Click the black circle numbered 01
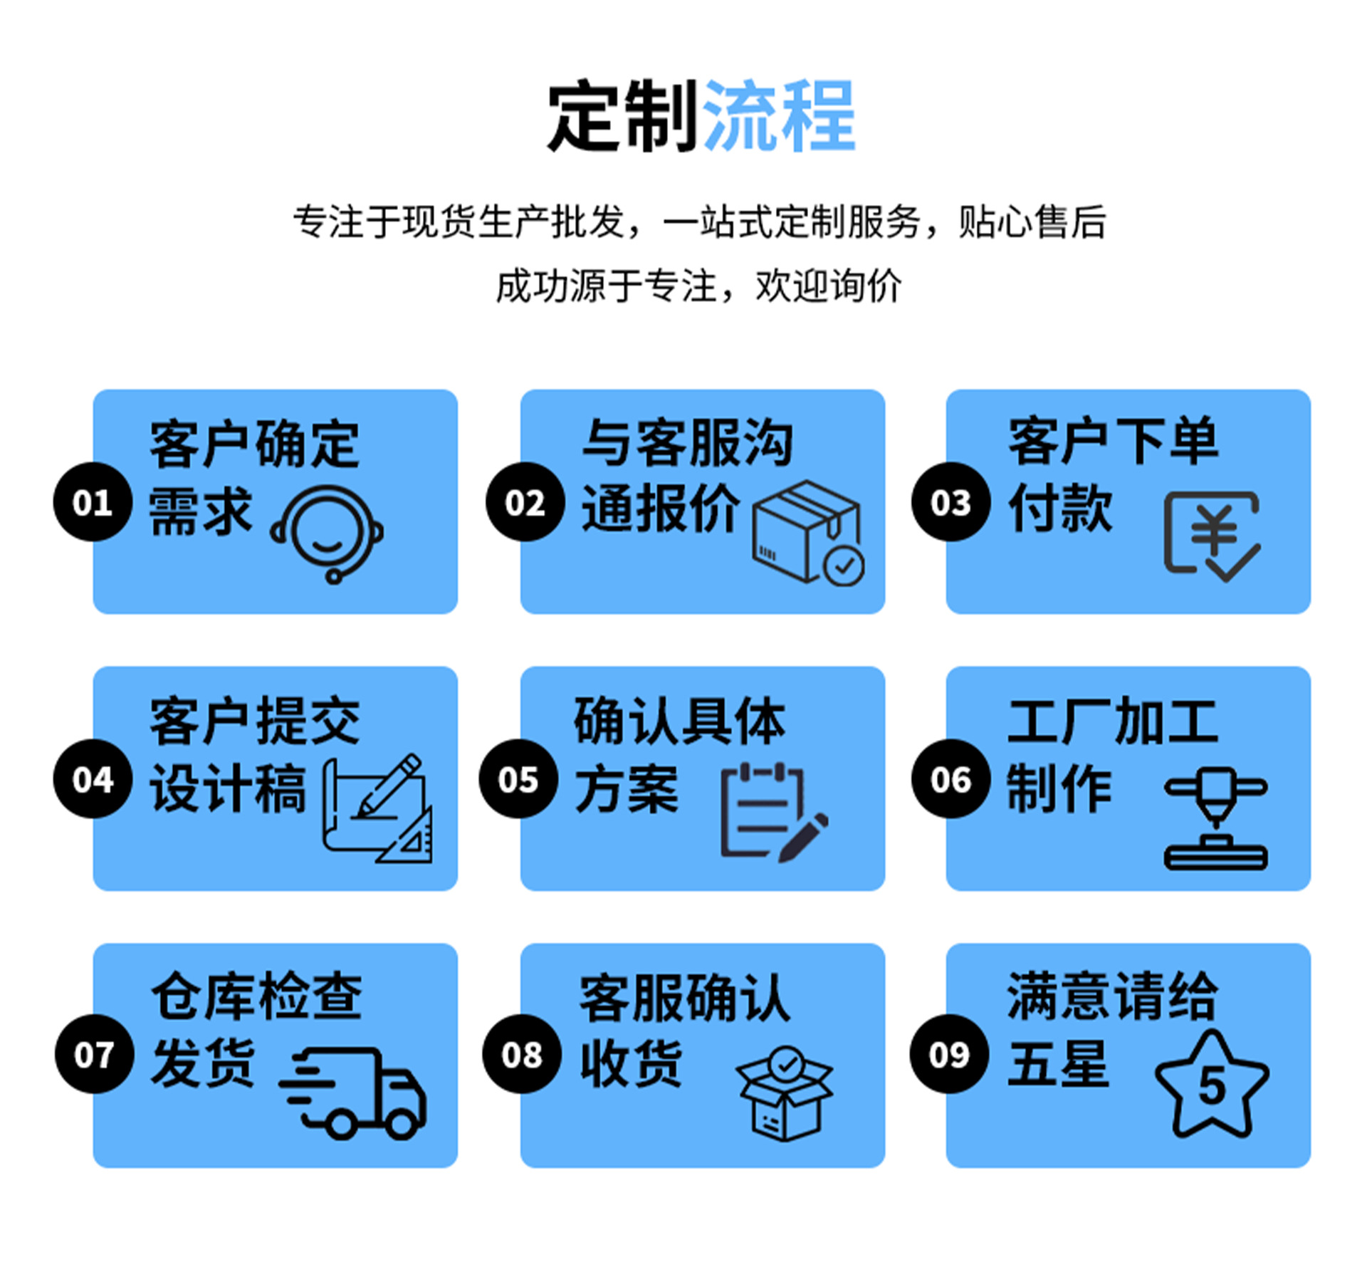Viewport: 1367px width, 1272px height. tap(93, 501)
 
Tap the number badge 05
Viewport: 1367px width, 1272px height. tap(518, 778)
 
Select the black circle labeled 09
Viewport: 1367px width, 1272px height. tap(949, 1053)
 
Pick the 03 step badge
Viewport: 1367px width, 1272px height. tap(950, 501)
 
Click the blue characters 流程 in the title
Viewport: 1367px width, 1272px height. tap(778, 115)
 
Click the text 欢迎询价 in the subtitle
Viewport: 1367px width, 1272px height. tap(829, 286)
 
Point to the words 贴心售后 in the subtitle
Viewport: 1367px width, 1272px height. tap(1032, 221)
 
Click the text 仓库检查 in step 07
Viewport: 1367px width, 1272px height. tap(256, 995)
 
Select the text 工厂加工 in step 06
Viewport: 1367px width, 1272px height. tap(1113, 721)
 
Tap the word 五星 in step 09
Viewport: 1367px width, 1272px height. tap(1059, 1062)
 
